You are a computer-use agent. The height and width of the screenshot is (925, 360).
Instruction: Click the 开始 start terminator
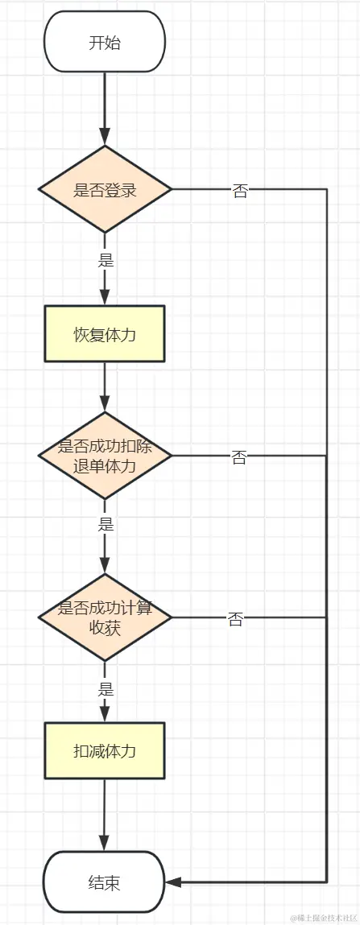click(105, 42)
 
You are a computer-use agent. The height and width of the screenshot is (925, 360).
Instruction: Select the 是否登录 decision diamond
click(105, 190)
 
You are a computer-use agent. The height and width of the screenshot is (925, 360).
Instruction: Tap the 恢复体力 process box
click(105, 334)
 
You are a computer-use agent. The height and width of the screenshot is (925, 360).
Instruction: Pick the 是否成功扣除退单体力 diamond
click(105, 456)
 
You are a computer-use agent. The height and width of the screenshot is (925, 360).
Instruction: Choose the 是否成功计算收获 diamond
click(105, 618)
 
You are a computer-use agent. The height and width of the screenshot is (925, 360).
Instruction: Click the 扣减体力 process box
click(105, 750)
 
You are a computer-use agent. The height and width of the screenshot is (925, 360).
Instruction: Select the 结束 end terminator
click(105, 882)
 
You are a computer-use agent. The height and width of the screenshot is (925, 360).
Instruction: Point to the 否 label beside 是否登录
click(240, 192)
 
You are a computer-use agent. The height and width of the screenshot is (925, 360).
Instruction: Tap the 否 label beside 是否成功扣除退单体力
click(239, 457)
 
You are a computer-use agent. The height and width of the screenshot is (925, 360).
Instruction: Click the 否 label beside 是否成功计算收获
click(235, 619)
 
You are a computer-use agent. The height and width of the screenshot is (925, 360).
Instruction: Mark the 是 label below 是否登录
click(106, 260)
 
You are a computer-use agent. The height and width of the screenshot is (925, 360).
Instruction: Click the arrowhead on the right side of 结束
click(172, 882)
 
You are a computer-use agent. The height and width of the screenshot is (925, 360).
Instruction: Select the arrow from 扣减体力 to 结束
click(105, 813)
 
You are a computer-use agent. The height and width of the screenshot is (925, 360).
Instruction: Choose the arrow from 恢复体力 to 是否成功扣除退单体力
click(105, 386)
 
